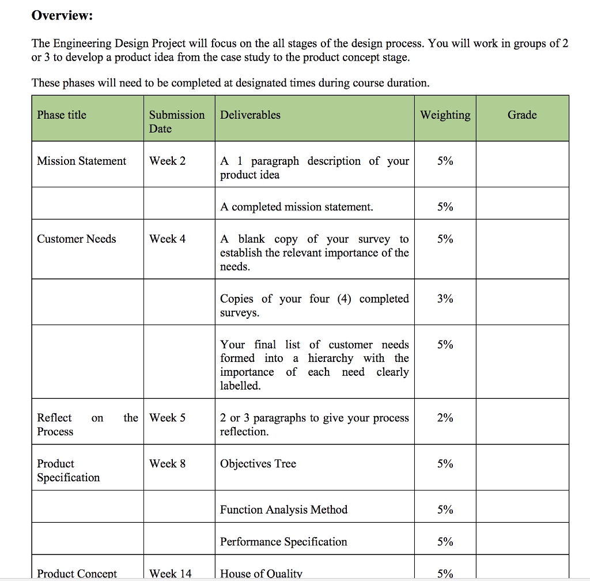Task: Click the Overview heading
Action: (x=62, y=16)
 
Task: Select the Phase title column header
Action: (x=62, y=115)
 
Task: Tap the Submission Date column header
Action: (x=177, y=122)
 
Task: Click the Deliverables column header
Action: (x=250, y=115)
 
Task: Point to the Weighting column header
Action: (x=445, y=115)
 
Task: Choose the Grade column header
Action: (x=522, y=115)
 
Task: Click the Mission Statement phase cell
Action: (x=81, y=161)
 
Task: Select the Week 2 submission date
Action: (x=167, y=161)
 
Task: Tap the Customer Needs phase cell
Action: (x=76, y=239)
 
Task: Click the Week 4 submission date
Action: (x=167, y=239)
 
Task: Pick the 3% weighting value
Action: (x=445, y=299)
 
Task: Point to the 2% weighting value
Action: (x=445, y=418)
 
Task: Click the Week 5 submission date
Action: (x=167, y=418)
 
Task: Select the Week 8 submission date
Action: (x=167, y=463)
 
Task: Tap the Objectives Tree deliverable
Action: (x=258, y=463)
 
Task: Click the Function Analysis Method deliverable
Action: (x=283, y=510)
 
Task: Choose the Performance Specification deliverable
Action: (x=283, y=542)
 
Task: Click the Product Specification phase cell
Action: (x=68, y=470)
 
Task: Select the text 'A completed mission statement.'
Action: (x=296, y=207)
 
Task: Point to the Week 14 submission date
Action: (x=170, y=574)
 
